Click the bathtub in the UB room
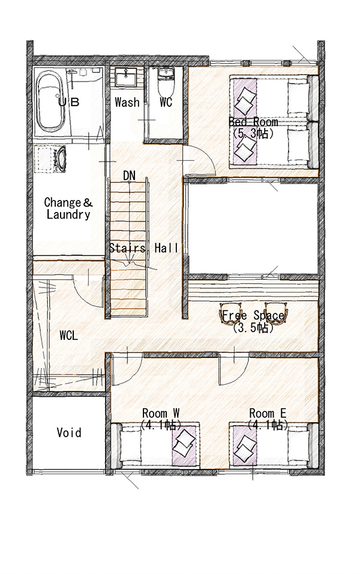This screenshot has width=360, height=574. (x=51, y=102)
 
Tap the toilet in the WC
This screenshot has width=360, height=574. (x=166, y=80)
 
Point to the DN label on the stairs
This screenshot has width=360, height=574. (x=129, y=176)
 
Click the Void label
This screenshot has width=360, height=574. (x=69, y=433)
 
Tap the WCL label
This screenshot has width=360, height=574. (x=69, y=335)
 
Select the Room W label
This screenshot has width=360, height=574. (x=161, y=414)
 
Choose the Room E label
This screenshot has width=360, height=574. (x=268, y=414)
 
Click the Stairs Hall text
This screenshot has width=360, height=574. (x=144, y=248)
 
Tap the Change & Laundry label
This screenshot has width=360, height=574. (x=68, y=208)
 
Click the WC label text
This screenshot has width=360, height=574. (x=166, y=102)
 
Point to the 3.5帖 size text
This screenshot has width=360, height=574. (x=253, y=328)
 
